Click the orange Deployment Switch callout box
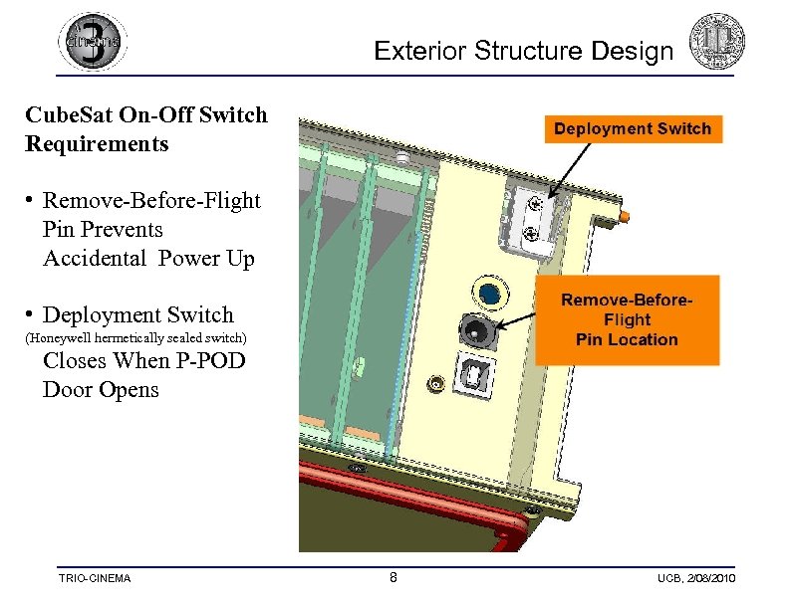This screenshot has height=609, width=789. [633, 129]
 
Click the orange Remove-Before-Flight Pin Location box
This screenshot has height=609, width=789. [627, 319]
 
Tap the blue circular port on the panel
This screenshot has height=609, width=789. [489, 293]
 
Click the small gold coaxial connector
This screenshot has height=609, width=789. [434, 382]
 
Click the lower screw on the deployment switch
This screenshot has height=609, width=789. [533, 234]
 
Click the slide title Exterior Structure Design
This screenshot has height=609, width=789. [524, 51]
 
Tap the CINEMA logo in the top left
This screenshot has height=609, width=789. [93, 42]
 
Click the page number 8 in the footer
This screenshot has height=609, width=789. [394, 578]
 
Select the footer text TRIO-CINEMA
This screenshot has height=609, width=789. [94, 579]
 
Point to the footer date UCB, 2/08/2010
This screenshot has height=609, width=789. [695, 579]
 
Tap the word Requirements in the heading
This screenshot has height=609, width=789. [97, 144]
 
